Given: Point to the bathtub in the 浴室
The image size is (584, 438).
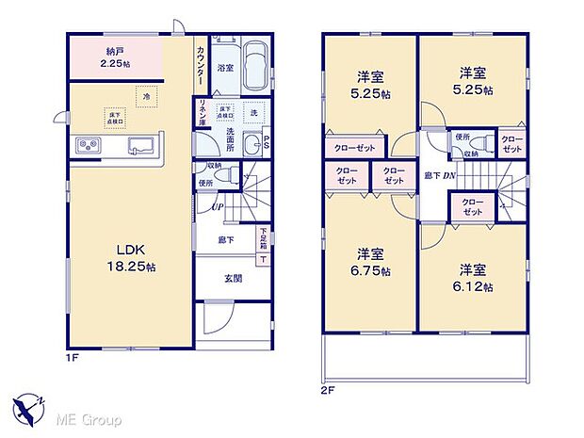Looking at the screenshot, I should (x=251, y=68).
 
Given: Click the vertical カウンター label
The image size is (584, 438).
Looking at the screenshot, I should (x=203, y=67).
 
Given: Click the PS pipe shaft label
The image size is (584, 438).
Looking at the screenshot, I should (x=267, y=144).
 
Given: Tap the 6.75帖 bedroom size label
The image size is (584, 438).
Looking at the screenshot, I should (x=372, y=262).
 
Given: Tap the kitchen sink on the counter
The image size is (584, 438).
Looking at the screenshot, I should (x=143, y=144).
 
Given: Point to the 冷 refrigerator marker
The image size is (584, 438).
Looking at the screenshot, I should (x=146, y=96).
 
